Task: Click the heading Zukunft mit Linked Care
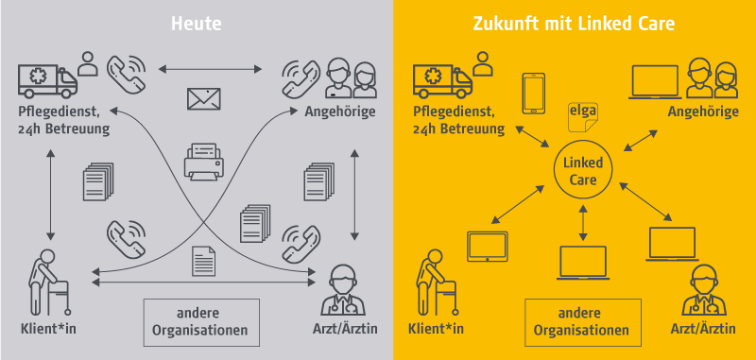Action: coord(575,23)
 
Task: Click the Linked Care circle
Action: coord(582,170)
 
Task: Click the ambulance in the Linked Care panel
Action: coord(440,81)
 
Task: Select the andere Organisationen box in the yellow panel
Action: coord(581,322)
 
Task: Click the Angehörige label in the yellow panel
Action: coord(701,112)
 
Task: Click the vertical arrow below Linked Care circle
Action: coord(582,219)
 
